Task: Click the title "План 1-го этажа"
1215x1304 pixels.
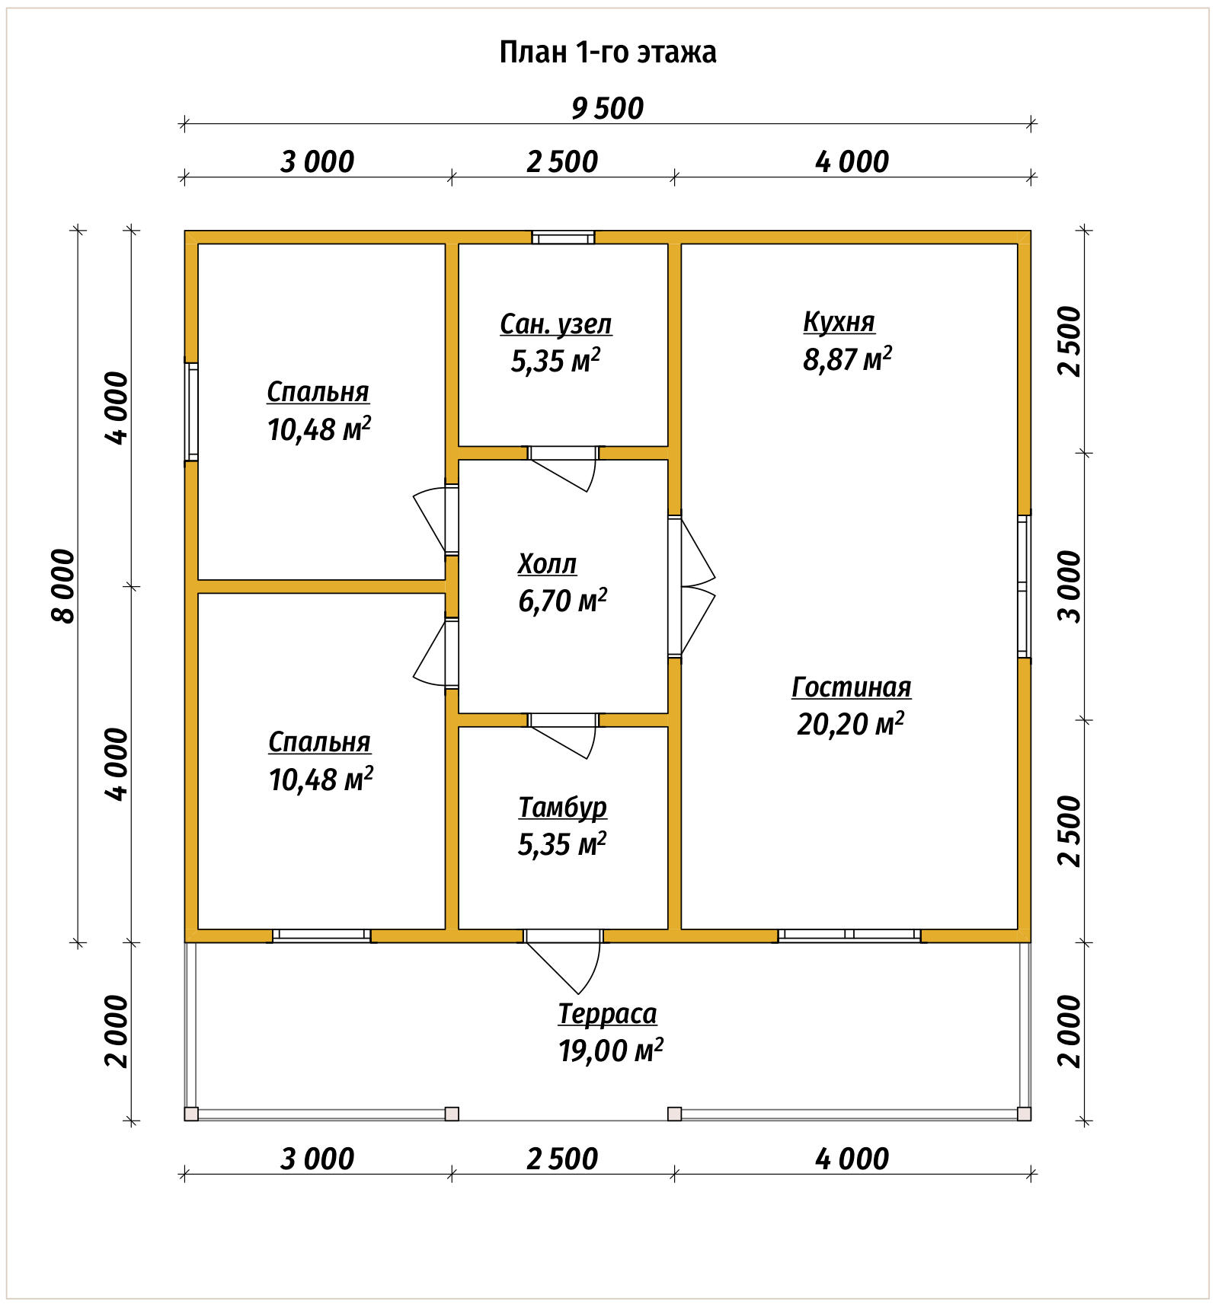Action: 607,53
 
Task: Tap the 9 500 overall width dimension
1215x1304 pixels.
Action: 607,108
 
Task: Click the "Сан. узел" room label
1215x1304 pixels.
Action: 555,324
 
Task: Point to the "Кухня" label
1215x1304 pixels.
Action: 839,322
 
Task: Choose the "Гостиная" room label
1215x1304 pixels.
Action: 851,687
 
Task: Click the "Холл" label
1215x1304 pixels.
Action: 547,564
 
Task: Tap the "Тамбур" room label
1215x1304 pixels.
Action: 562,808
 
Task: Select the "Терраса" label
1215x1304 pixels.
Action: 607,1014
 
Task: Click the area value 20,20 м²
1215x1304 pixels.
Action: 850,724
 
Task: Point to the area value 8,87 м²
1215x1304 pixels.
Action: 847,359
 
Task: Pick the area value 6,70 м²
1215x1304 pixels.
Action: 562,601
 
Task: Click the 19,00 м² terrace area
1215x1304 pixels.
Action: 610,1051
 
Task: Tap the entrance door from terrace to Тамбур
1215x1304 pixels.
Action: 563,961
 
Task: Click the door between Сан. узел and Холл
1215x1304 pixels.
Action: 563,468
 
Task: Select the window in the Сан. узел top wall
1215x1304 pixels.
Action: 563,238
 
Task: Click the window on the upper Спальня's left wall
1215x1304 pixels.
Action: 192,411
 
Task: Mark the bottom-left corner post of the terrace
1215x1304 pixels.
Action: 191,1114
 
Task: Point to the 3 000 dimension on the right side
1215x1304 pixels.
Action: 1070,586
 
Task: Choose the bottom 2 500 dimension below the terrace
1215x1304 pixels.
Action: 562,1159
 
